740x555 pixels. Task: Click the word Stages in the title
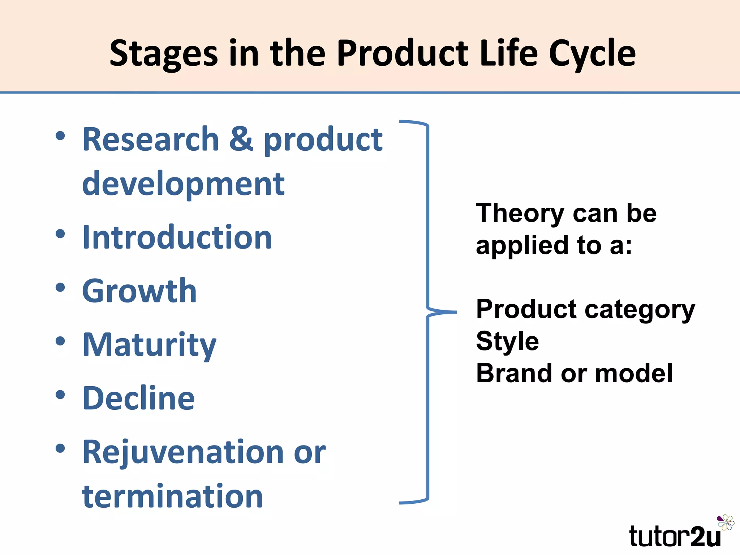tap(164, 54)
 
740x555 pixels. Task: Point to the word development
tap(183, 184)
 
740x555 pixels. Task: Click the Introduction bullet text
tap(177, 237)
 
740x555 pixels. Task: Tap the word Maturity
tap(149, 345)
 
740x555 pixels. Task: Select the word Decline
tap(139, 398)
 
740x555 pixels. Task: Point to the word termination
tap(172, 496)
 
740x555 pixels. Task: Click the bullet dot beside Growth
tap(60, 288)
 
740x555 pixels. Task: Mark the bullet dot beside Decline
tap(60, 395)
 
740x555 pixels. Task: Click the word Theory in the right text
tap(520, 214)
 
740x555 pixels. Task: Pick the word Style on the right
tap(507, 341)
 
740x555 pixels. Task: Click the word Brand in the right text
tap(515, 373)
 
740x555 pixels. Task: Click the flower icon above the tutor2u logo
tap(726, 522)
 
